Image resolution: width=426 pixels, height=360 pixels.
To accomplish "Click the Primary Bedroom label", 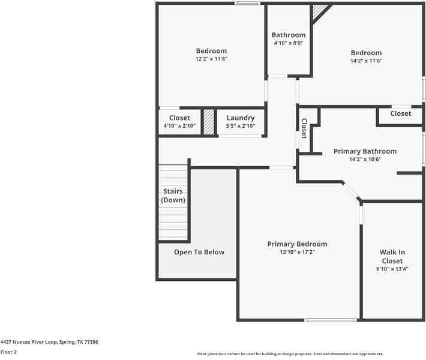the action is tap(297, 244).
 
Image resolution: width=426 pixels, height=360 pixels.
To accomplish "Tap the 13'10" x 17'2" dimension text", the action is tap(297, 252).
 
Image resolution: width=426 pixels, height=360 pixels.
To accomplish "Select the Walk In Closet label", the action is tap(392, 256).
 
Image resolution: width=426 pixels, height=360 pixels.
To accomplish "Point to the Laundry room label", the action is tap(241, 118).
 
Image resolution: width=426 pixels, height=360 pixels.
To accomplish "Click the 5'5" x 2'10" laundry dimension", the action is tap(241, 126).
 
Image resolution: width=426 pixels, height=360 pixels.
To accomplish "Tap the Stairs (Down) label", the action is tap(173, 196).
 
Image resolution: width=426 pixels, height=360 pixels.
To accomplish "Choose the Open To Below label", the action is tap(199, 252).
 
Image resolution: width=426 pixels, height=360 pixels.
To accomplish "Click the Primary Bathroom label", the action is tap(365, 151).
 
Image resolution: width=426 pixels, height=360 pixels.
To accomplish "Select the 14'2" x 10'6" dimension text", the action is tap(365, 159).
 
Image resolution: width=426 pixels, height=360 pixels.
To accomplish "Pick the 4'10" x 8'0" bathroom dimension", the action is tap(288, 43).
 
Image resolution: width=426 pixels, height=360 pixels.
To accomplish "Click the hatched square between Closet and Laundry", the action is tap(209, 122).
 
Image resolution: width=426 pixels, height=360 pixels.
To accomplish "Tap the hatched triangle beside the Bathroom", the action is tap(319, 11).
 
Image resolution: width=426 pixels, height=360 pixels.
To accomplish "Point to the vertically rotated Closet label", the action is tap(304, 129).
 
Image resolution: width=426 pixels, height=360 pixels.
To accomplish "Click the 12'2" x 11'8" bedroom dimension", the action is tap(211, 59).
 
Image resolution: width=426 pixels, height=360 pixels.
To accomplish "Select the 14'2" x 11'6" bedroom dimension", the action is tap(366, 61).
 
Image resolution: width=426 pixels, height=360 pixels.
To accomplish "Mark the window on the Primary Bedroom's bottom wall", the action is tap(330, 320).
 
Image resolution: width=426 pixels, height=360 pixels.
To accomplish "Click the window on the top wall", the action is tap(248, 3).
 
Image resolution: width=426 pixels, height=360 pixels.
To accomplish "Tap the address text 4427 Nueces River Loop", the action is tap(29, 342).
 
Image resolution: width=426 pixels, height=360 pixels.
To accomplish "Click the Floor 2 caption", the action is tap(8, 352).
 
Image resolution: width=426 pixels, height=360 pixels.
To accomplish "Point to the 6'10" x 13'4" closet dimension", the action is tap(392, 269).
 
